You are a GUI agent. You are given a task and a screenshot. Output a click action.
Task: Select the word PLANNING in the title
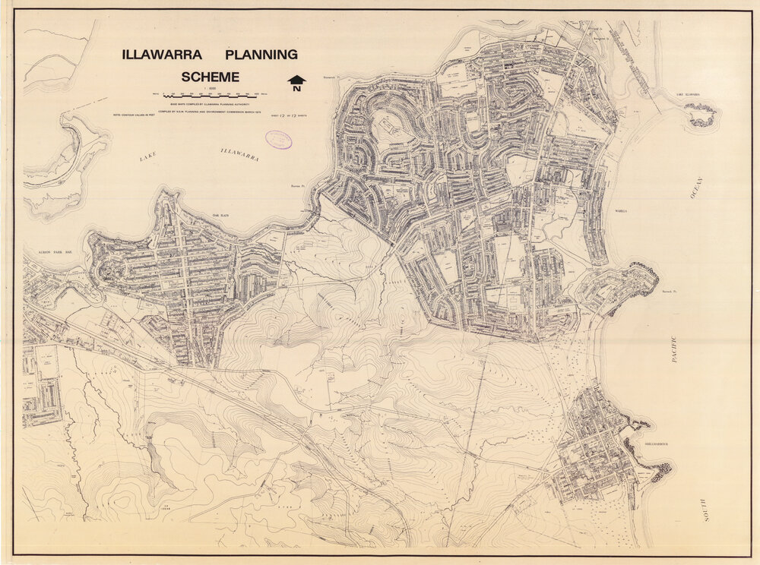[x=261, y=55]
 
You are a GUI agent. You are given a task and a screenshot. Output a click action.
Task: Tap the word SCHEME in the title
[x=210, y=77]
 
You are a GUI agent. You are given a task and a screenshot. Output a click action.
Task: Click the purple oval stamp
[x=278, y=139]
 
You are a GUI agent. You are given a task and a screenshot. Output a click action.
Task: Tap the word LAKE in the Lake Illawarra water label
[x=147, y=158]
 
